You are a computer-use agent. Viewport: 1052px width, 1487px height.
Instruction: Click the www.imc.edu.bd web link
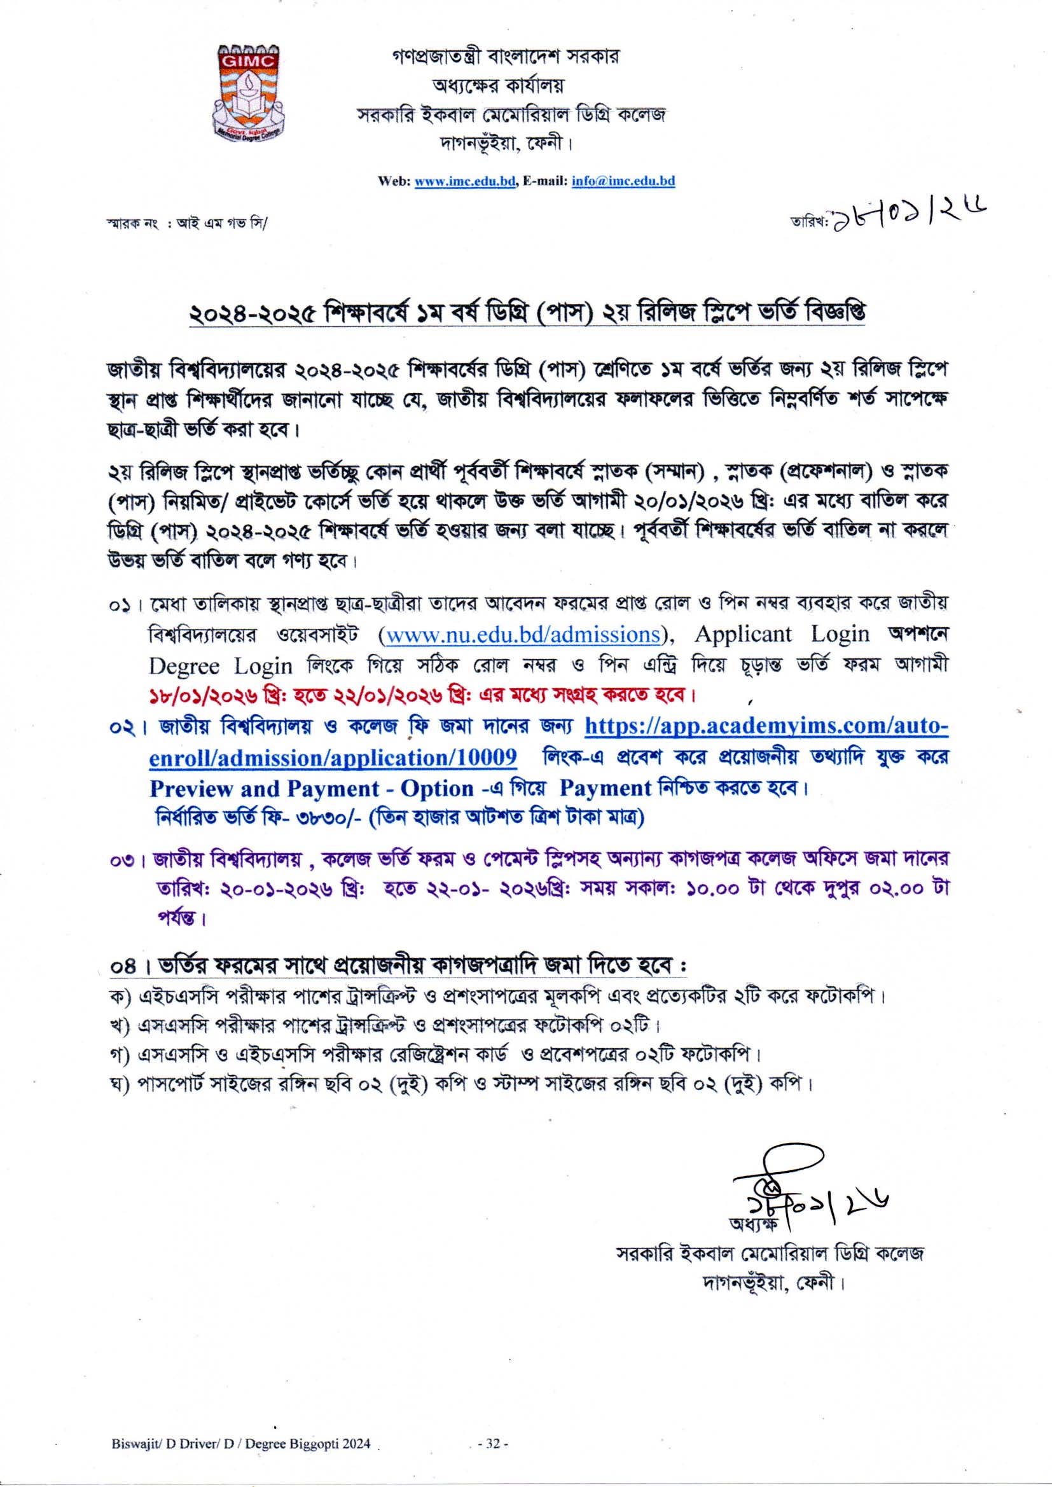click(x=464, y=181)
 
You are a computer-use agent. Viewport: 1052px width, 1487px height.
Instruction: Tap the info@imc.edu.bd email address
click(x=623, y=181)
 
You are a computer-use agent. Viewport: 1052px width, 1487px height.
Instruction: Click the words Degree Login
click(x=220, y=666)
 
